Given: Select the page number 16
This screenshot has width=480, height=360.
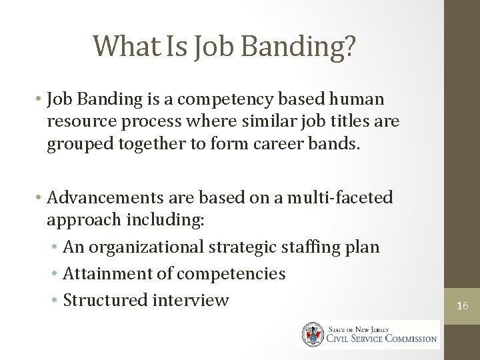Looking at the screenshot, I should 463,306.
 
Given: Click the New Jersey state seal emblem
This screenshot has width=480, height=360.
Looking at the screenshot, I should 311,334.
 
